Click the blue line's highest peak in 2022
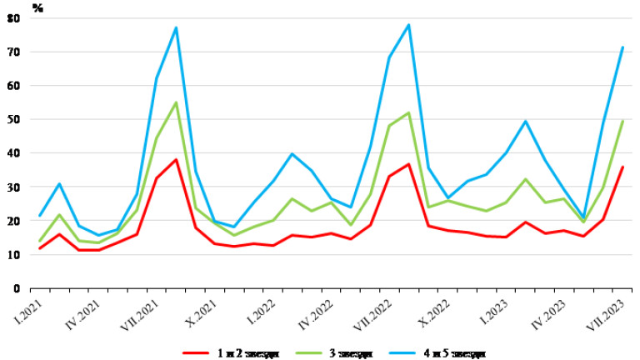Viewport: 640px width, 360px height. (x=408, y=24)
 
